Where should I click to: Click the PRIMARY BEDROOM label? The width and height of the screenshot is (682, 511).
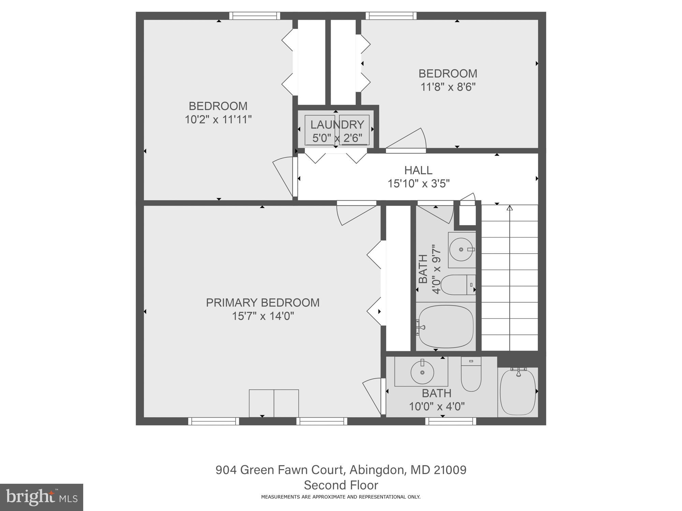263,303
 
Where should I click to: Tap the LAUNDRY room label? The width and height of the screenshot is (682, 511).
337,125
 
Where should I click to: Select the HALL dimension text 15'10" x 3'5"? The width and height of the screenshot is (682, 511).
418,184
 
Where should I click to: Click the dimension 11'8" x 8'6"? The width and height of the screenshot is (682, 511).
448,87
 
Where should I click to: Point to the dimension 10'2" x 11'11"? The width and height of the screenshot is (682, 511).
218,120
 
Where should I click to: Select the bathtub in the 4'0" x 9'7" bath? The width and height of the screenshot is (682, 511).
446,326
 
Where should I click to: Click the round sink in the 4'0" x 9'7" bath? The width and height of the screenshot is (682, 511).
461,250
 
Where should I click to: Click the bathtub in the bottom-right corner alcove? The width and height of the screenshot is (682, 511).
518,392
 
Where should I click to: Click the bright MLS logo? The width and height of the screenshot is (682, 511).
41,497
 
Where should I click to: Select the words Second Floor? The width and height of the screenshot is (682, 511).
341,485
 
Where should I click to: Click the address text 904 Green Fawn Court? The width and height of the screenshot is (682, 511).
279,470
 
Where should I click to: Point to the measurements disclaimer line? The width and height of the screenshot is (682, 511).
341,497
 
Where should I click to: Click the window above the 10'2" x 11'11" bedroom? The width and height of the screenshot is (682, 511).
254,16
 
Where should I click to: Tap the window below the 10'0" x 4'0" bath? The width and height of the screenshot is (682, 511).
450,421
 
